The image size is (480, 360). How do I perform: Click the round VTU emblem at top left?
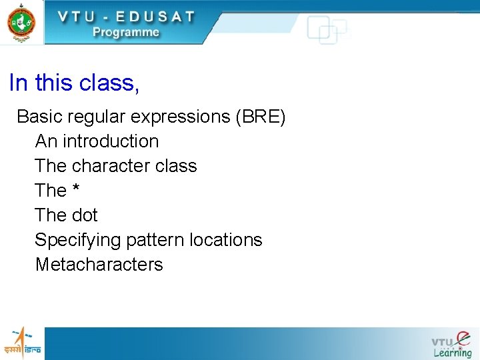click(21, 22)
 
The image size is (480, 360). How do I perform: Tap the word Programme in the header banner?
click(126, 32)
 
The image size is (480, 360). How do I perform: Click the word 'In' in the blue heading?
click(19, 83)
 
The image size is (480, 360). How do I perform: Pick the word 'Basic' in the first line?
click(39, 117)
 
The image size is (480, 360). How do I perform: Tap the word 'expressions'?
click(180, 117)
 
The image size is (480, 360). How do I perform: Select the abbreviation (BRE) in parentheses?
click(261, 117)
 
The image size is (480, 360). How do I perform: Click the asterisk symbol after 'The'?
click(76, 189)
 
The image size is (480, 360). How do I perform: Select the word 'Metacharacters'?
click(99, 265)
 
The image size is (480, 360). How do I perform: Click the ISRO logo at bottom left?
click(22, 343)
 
